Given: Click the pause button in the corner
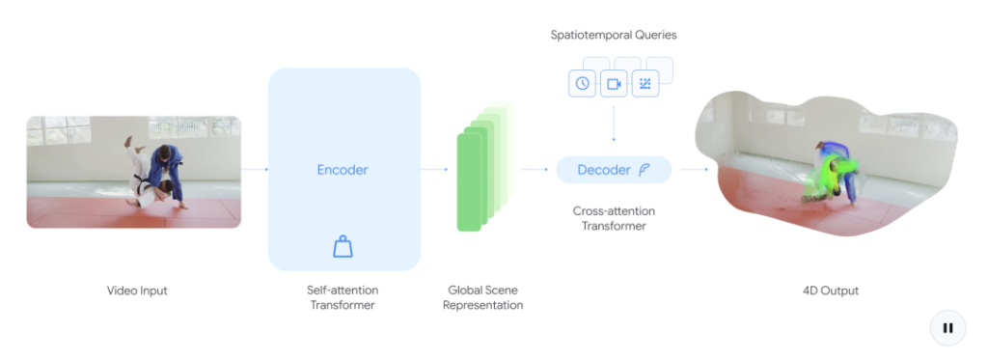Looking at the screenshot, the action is click(x=947, y=328).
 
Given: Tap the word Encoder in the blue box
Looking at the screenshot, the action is click(x=343, y=170).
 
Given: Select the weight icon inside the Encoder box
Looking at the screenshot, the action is click(x=343, y=246).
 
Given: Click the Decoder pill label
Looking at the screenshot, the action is click(x=614, y=170).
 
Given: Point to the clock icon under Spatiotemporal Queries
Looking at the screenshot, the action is click(x=582, y=84).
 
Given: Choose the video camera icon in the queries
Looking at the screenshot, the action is click(x=614, y=84).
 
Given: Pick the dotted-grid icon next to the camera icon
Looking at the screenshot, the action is click(x=645, y=84).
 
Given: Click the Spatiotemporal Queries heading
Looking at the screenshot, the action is click(x=614, y=36).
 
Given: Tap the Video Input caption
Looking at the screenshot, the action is click(x=137, y=291).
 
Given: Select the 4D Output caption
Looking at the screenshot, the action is click(x=831, y=291).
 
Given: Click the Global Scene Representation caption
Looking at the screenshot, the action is click(x=482, y=297).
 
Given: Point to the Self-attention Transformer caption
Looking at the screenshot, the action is click(x=343, y=297).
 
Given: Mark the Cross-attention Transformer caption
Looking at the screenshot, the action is click(x=614, y=218).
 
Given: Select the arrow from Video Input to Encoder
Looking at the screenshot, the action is click(x=255, y=170).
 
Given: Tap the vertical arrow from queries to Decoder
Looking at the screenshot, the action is click(x=614, y=125).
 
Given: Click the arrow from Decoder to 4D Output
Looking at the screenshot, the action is click(x=695, y=170).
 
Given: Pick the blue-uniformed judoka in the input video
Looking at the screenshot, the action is click(x=166, y=174).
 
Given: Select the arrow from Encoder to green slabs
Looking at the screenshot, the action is click(x=434, y=170).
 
